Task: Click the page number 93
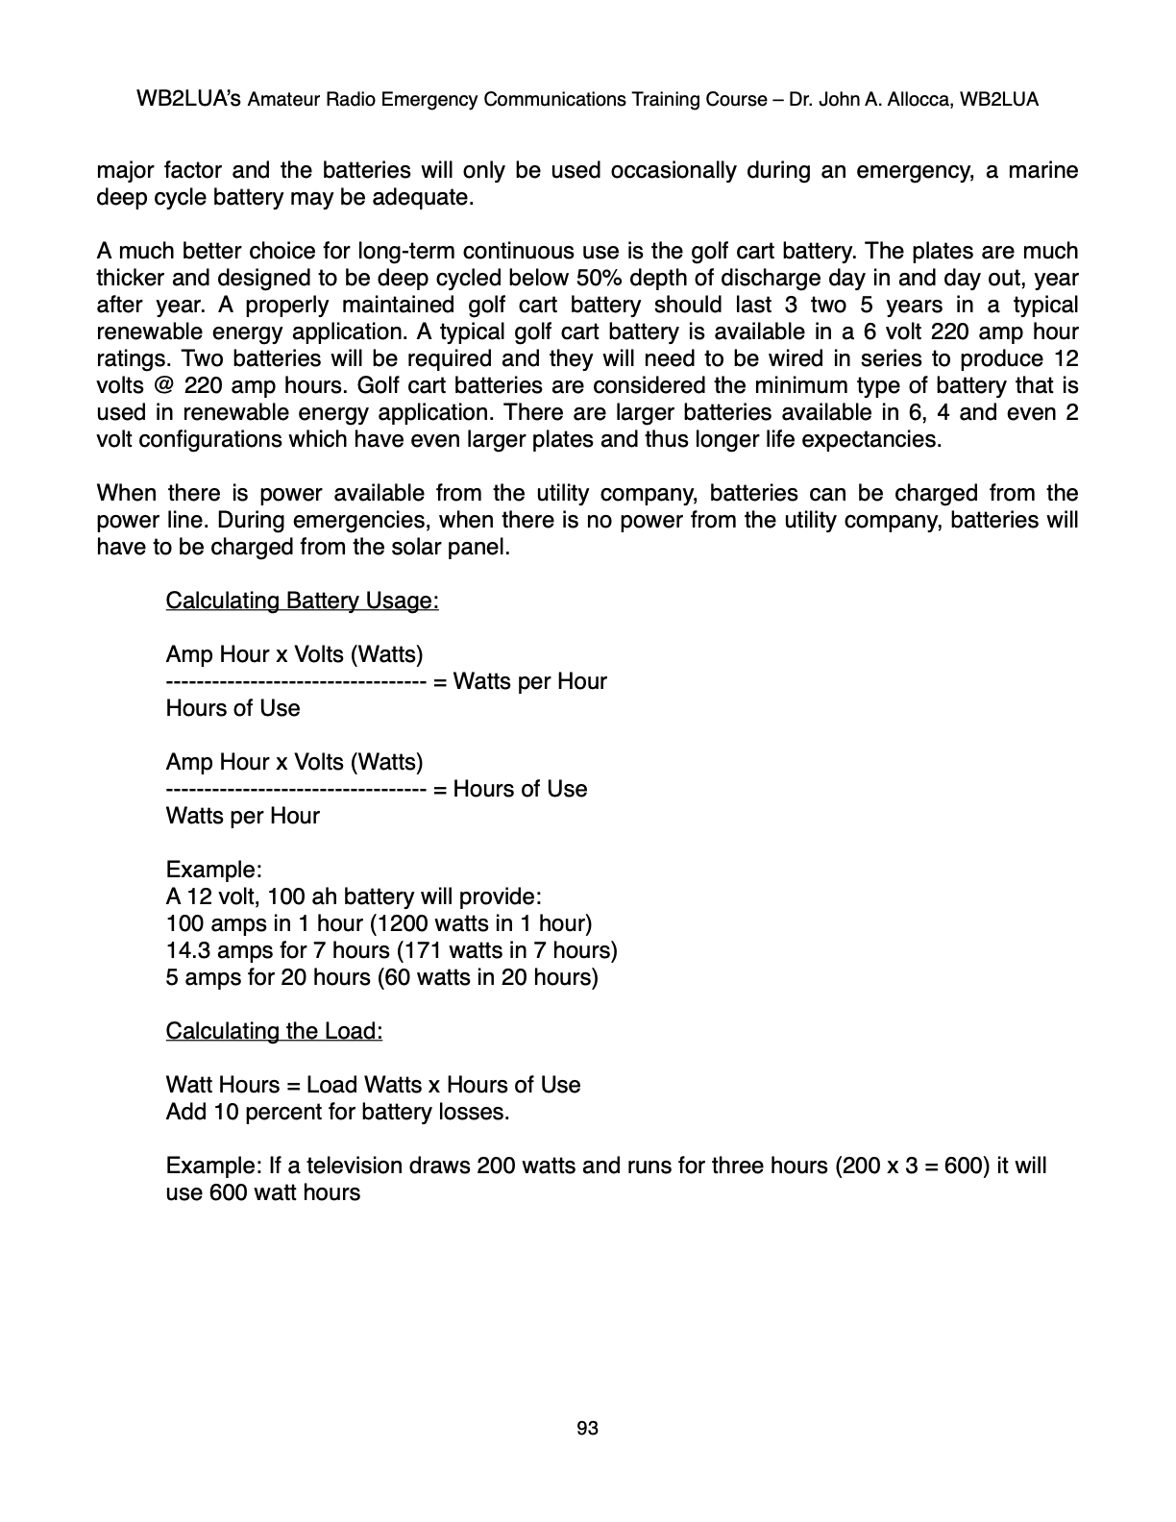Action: pyautogui.click(x=587, y=1429)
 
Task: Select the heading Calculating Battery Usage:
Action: pyautogui.click(x=302, y=601)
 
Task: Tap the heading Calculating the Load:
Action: pyautogui.click(x=274, y=1031)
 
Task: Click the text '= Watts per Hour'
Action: pyautogui.click(x=520, y=681)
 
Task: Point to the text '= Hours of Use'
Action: pyautogui.click(x=510, y=789)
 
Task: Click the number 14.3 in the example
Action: pyautogui.click(x=187, y=950)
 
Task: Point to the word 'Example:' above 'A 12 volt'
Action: pyautogui.click(x=213, y=870)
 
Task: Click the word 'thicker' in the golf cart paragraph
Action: pyautogui.click(x=132, y=279)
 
